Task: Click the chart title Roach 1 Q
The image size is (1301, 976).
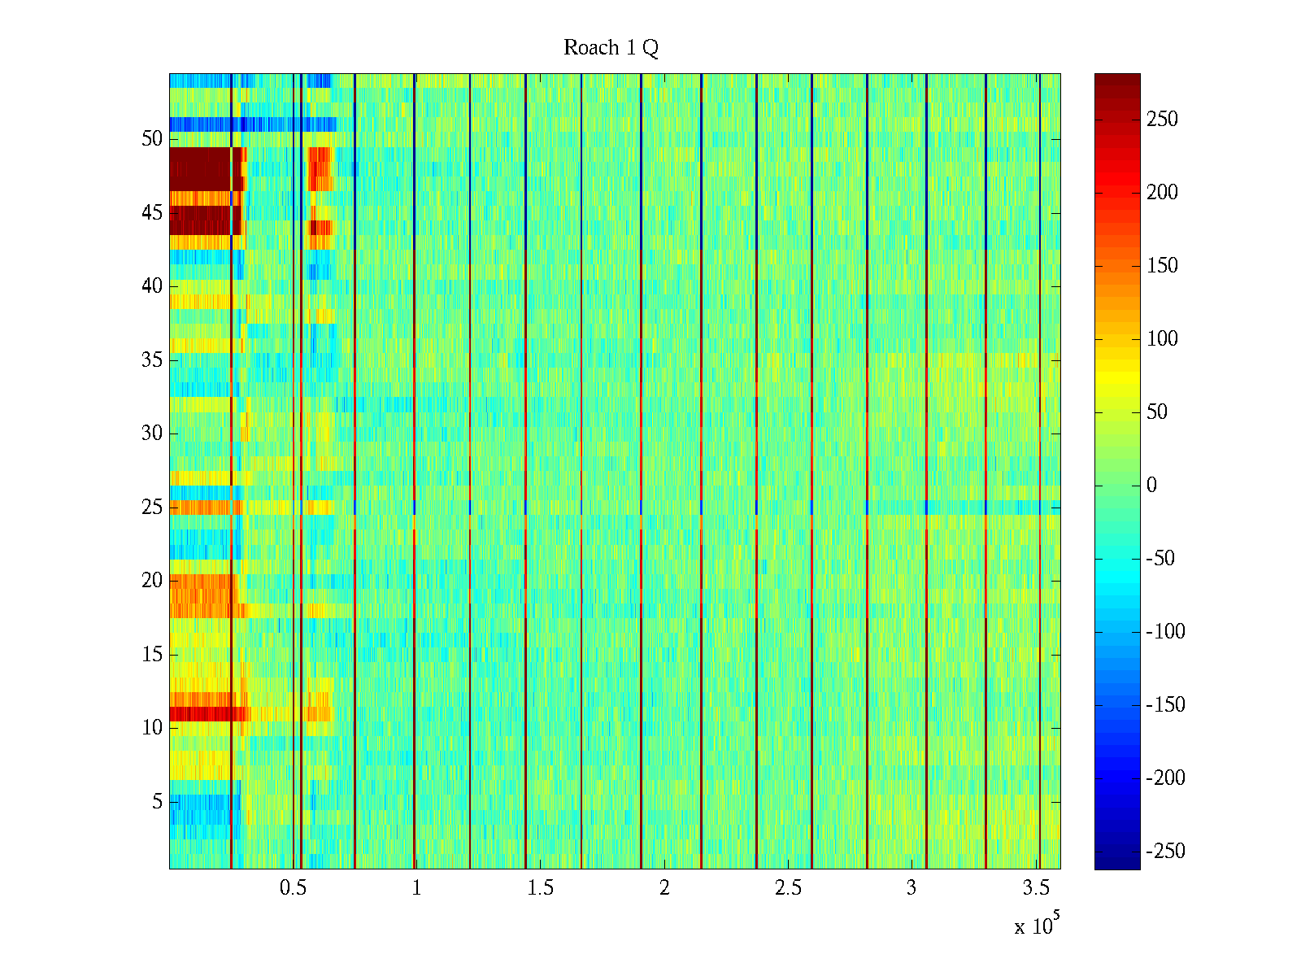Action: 611,48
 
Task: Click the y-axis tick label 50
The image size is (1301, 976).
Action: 152,139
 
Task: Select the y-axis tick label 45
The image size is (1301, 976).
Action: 152,213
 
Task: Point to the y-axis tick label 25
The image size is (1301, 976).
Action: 152,508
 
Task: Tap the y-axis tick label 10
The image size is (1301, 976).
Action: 152,728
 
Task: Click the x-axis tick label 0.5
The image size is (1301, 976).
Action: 293,888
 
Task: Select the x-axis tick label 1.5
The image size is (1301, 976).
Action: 540,888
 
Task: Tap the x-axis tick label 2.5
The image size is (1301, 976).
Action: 788,888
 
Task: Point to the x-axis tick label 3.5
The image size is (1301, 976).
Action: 1035,888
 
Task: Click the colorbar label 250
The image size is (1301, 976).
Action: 1162,120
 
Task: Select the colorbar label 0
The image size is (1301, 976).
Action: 1151,486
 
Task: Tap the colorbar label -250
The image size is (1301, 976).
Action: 1165,852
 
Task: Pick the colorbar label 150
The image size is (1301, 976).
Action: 1162,266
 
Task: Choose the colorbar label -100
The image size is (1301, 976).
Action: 1165,632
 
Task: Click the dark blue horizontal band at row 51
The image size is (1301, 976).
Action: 244,124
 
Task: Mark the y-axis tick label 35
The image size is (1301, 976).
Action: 152,360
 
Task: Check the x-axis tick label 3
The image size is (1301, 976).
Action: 912,888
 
